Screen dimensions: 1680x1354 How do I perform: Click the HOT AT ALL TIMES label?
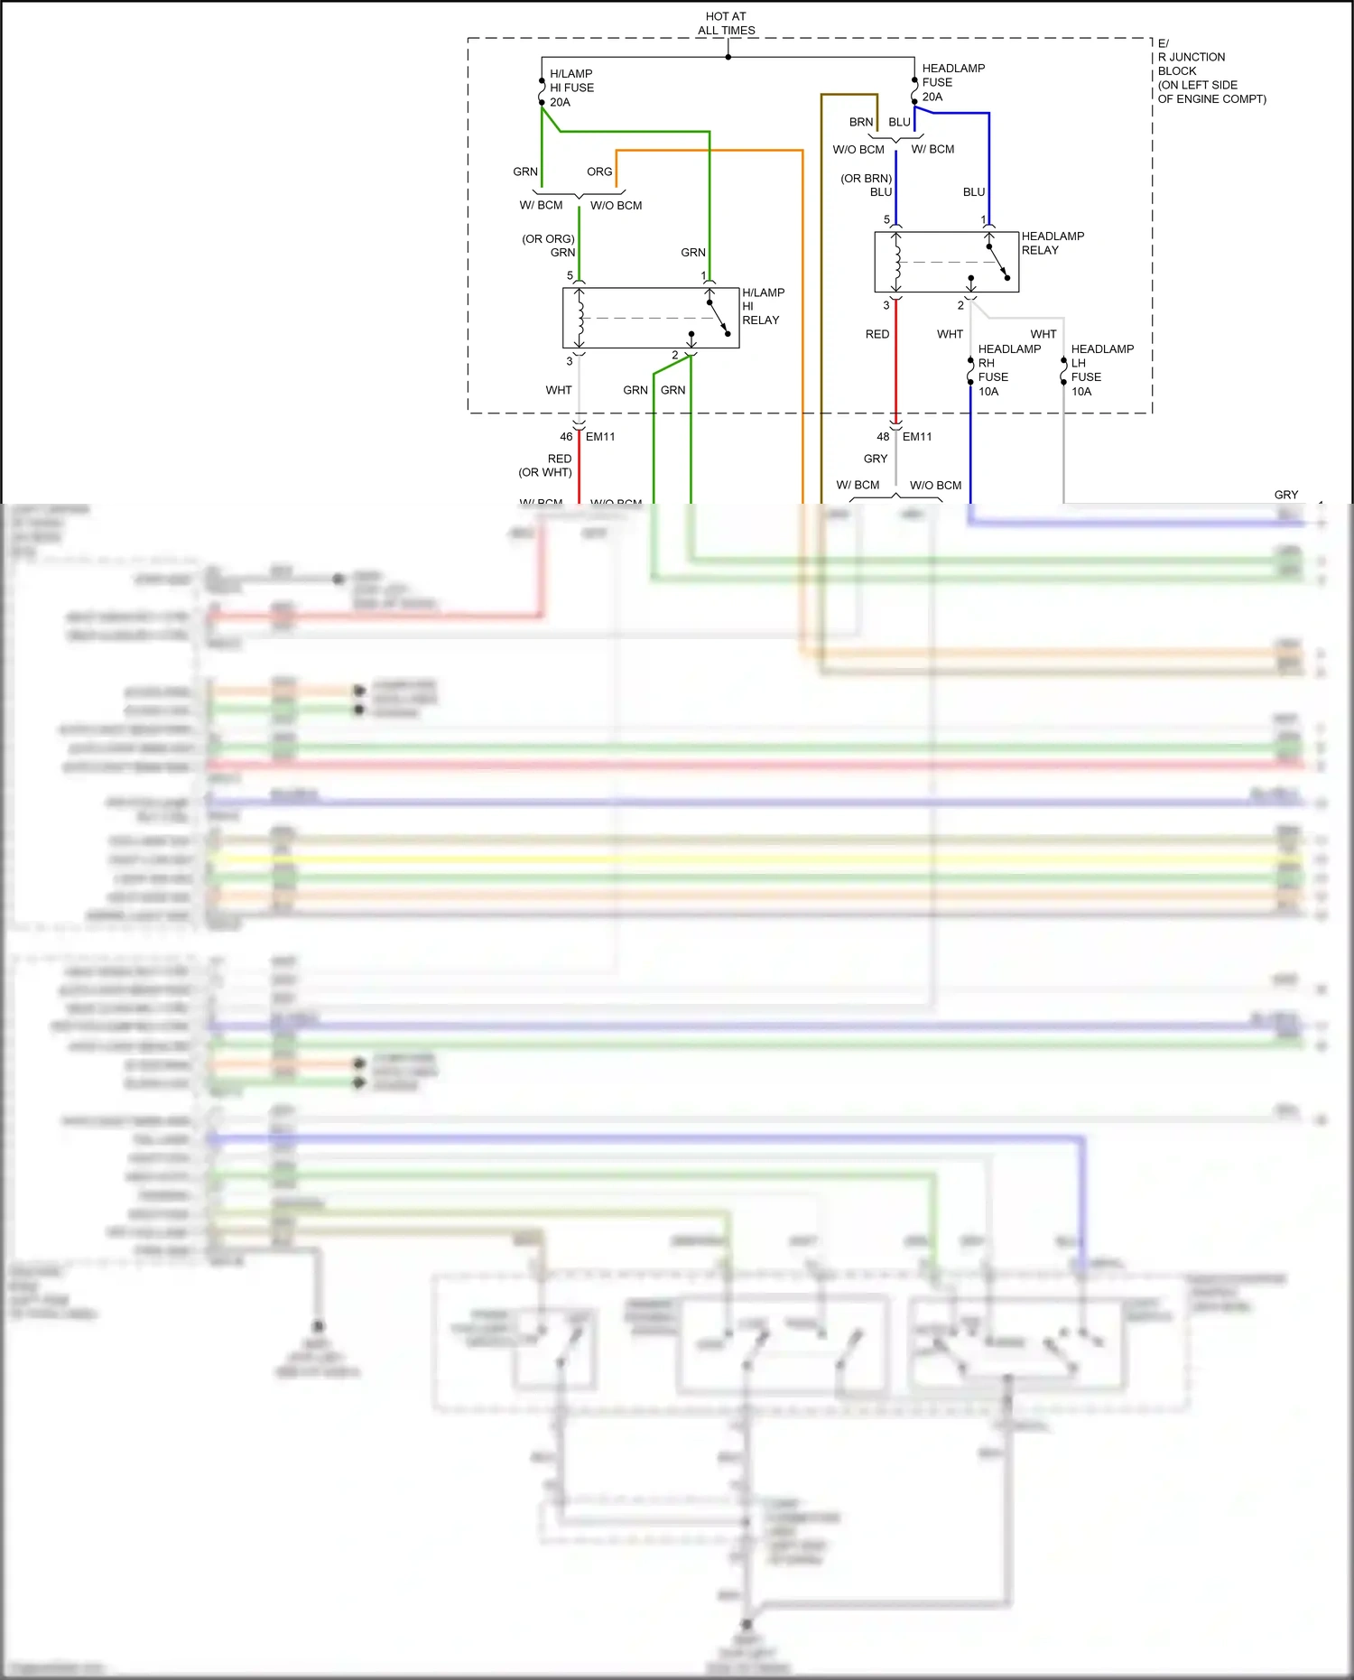(x=726, y=23)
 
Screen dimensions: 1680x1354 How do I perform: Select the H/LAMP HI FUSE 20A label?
(x=571, y=88)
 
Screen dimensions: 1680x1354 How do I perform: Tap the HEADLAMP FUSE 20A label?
(x=952, y=82)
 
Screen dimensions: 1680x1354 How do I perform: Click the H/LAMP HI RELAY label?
(x=762, y=306)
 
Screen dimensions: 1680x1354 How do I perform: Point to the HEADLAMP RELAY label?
(x=1052, y=243)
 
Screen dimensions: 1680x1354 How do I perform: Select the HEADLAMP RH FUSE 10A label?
(x=1007, y=370)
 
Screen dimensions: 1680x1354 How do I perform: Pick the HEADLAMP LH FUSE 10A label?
(x=1100, y=370)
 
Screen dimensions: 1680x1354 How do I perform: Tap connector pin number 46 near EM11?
(x=566, y=437)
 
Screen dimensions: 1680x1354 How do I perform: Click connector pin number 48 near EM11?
(x=883, y=437)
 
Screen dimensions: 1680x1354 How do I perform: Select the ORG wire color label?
(x=599, y=172)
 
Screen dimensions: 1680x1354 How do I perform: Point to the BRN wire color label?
(x=861, y=122)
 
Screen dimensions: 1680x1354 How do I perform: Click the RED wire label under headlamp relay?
(x=876, y=334)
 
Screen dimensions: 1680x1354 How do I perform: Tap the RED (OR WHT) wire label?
(x=546, y=466)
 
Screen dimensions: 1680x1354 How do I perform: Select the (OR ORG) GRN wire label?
(x=549, y=246)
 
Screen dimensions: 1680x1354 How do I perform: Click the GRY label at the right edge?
(x=1285, y=495)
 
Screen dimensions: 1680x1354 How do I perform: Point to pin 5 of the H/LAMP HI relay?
(x=570, y=276)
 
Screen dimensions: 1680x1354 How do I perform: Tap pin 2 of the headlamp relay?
(x=960, y=306)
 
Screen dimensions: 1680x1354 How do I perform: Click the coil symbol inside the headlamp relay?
(x=896, y=262)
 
